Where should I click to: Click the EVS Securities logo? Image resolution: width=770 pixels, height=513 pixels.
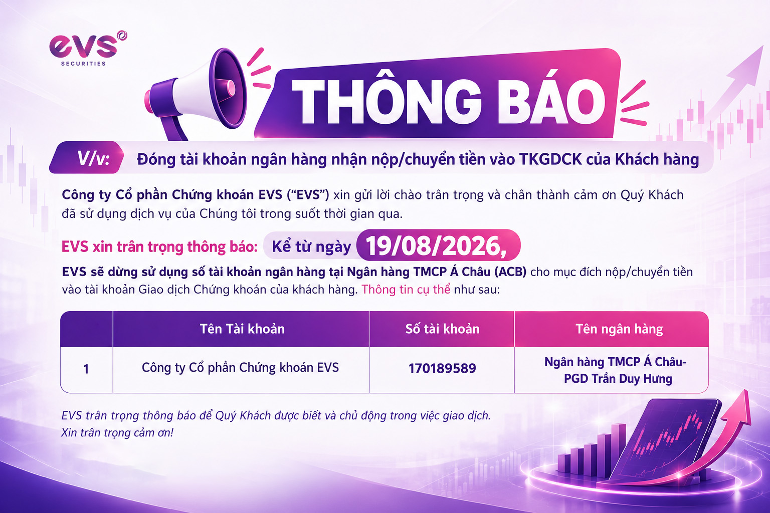tap(88, 49)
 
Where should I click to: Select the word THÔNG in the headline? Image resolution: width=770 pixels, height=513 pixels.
tap(386, 102)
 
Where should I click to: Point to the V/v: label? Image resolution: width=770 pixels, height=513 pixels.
tap(93, 158)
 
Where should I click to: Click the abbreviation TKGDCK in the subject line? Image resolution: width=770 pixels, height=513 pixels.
tap(550, 159)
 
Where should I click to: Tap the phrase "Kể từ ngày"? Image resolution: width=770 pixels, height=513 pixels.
tap(311, 246)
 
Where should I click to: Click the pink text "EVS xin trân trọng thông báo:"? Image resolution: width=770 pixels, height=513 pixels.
tap(159, 246)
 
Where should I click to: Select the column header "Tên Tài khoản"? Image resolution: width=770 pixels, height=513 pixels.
tap(242, 329)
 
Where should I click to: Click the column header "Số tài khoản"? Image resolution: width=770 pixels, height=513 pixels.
tap(443, 329)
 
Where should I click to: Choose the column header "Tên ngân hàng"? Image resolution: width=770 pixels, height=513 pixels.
tap(619, 329)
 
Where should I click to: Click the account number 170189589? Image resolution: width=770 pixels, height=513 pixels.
tap(442, 368)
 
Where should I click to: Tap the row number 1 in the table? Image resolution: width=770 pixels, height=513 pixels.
tap(86, 369)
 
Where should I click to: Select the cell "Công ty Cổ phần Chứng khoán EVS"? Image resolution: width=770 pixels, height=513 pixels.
tap(240, 368)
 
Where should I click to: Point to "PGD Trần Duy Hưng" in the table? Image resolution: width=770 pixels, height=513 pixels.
tap(618, 379)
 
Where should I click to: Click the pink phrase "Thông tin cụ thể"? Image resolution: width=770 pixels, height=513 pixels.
tap(406, 290)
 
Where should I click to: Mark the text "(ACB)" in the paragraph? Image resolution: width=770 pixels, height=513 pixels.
tap(510, 272)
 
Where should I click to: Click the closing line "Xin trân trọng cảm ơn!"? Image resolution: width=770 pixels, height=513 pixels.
tap(117, 433)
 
